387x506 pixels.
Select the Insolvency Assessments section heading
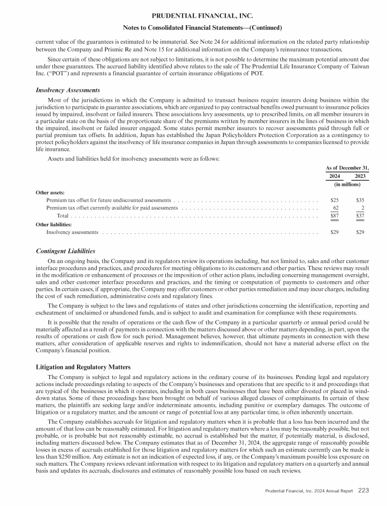(x=67, y=90)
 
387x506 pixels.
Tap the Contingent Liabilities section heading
(x=66, y=251)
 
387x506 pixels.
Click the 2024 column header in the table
(x=335, y=176)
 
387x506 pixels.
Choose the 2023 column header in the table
(x=360, y=176)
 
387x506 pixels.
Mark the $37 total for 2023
(x=360, y=216)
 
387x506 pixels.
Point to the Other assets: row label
(x=50, y=193)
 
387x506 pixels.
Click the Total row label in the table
(x=62, y=216)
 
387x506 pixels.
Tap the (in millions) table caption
(x=347, y=184)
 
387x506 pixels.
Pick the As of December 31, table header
(x=347, y=168)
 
